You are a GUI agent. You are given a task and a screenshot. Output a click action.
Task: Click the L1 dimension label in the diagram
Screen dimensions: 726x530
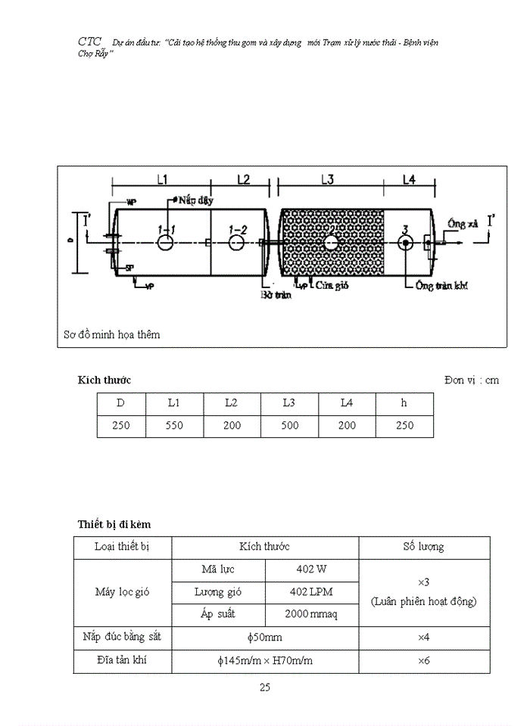point(162,179)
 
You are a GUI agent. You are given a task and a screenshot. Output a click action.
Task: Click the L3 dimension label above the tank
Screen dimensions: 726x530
point(327,179)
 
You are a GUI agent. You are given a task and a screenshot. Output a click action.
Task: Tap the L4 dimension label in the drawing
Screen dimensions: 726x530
point(409,179)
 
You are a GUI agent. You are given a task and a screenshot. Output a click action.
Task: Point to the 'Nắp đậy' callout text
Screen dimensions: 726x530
point(196,200)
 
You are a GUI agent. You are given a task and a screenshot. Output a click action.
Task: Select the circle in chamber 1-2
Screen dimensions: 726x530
point(236,242)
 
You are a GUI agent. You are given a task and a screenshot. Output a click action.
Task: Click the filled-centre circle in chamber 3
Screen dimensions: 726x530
point(406,242)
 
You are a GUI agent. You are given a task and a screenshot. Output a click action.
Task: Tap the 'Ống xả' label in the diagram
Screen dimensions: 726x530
point(463,225)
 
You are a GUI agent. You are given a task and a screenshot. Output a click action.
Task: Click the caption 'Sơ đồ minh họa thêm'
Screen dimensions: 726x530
point(112,334)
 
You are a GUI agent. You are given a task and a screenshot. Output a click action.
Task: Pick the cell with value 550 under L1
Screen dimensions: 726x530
point(174,425)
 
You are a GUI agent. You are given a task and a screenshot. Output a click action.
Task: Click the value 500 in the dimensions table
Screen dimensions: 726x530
point(288,425)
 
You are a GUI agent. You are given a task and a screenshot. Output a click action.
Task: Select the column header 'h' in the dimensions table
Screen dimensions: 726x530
point(404,403)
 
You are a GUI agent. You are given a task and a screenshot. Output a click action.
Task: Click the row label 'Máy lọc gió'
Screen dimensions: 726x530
point(123,591)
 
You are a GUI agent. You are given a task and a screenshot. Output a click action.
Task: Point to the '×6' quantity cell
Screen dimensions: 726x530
point(423,660)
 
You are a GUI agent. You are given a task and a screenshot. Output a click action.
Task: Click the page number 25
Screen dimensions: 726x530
point(265,687)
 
